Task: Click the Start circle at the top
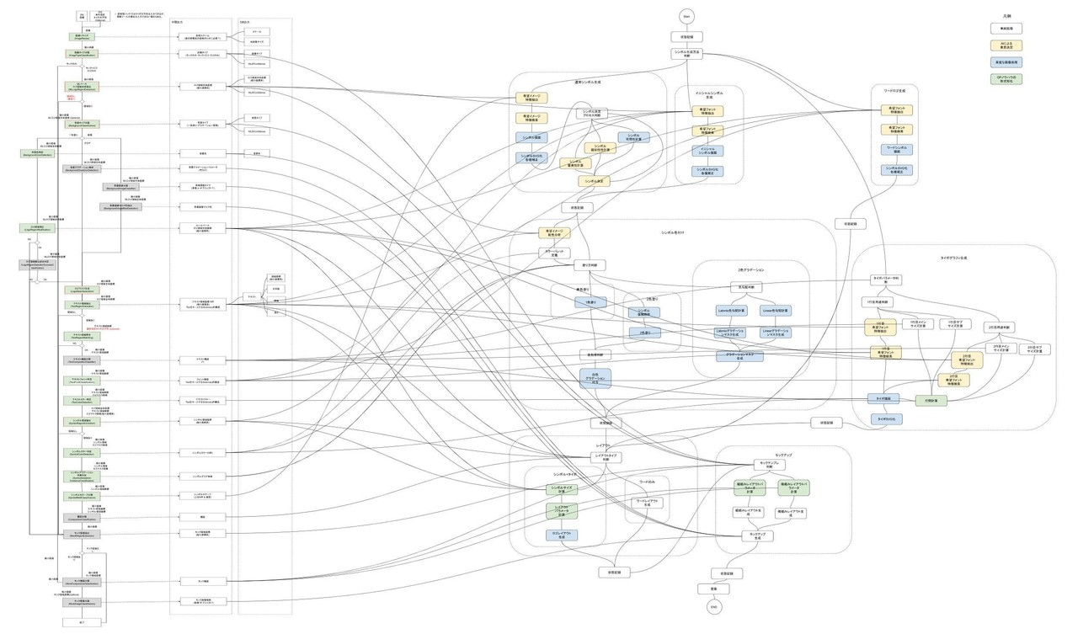pyautogui.click(x=686, y=16)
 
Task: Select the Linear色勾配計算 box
pyautogui.click(x=776, y=310)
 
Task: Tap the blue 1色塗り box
pyautogui.click(x=590, y=301)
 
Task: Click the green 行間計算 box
pyautogui.click(x=931, y=401)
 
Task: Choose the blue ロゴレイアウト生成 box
pyautogui.click(x=561, y=535)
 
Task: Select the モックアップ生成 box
pyautogui.click(x=756, y=535)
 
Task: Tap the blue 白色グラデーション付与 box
pyautogui.click(x=595, y=378)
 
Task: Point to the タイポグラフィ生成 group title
pyautogui.click(x=953, y=258)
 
